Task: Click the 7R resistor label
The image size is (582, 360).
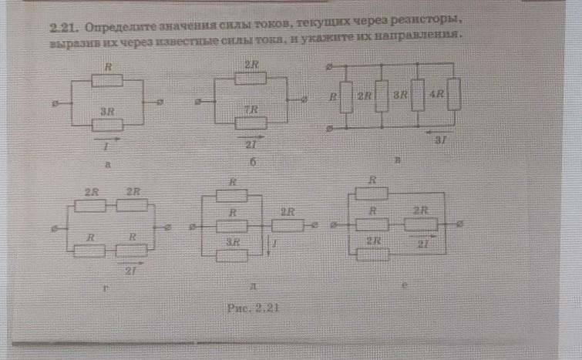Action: click(x=250, y=111)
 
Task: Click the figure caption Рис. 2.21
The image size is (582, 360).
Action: click(x=253, y=307)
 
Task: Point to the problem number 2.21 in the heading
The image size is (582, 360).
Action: click(x=61, y=26)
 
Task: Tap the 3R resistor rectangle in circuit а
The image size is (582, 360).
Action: click(x=107, y=124)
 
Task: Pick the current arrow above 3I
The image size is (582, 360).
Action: click(x=440, y=130)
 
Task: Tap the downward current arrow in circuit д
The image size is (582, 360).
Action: click(x=267, y=247)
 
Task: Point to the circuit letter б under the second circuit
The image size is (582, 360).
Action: click(x=251, y=163)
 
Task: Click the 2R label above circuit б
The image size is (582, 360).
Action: click(x=251, y=66)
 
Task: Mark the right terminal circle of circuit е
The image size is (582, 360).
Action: click(x=460, y=224)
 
